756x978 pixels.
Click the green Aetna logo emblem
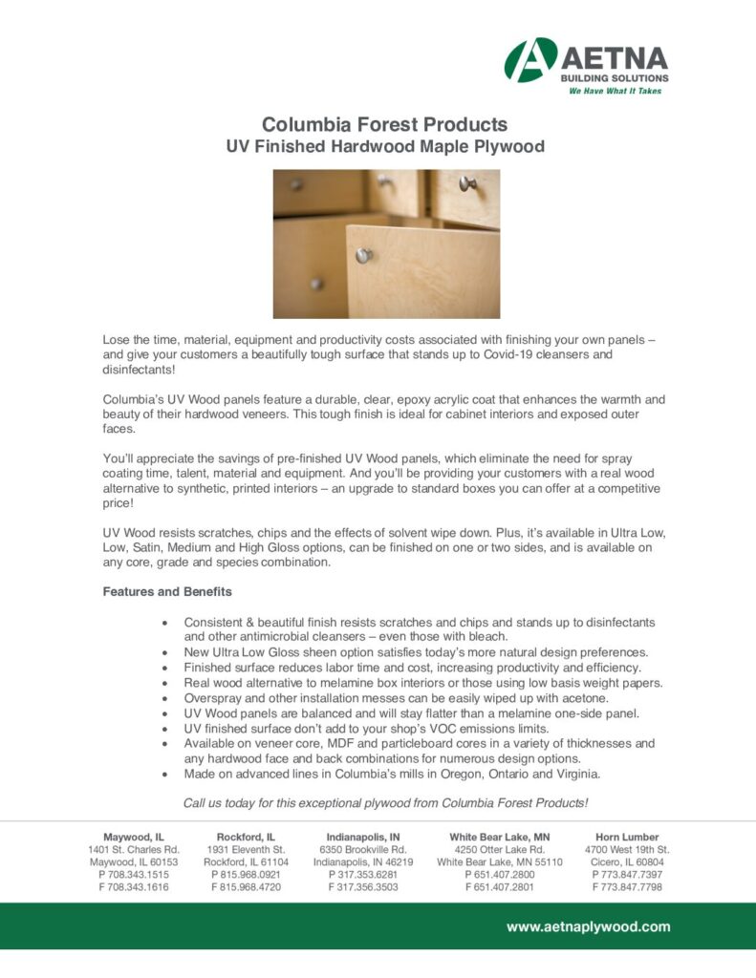point(530,60)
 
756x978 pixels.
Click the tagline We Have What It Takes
point(615,91)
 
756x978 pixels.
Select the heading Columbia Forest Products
point(384,124)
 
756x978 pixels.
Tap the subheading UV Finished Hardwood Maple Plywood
point(384,147)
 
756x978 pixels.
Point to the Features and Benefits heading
point(167,592)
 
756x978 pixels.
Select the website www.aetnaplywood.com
point(588,926)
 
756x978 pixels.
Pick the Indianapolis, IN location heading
point(363,837)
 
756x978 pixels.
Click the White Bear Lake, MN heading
point(500,837)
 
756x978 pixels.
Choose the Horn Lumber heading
point(627,837)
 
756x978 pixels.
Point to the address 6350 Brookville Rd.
point(363,849)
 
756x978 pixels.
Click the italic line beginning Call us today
point(385,802)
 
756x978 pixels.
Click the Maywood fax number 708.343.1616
point(133,887)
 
